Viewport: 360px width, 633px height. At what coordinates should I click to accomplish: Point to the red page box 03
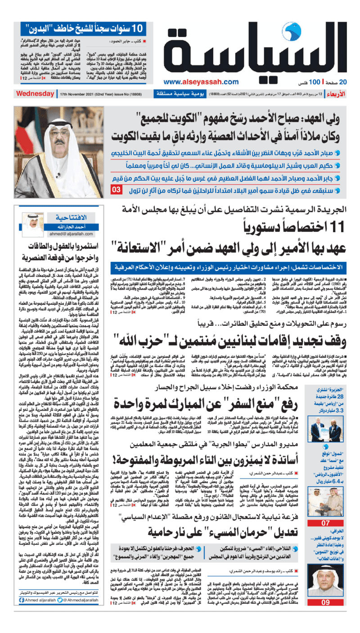(116, 190)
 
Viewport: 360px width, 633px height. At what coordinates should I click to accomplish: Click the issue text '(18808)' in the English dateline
(138, 94)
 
